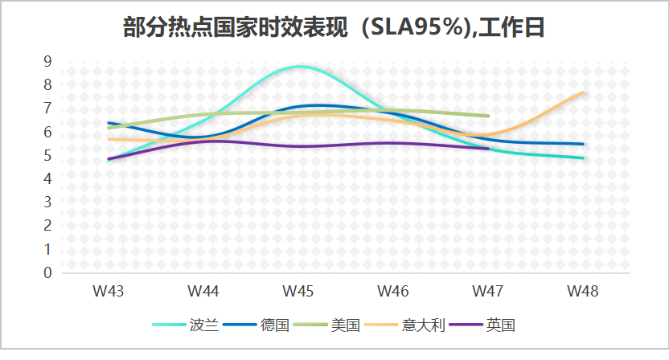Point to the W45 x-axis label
point(298,290)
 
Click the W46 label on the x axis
point(392,290)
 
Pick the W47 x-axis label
point(487,290)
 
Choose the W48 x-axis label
point(582,290)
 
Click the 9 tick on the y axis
point(47,61)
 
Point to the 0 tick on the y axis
point(47,273)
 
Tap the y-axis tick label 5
point(47,155)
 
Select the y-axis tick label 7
point(47,108)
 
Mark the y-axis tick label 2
point(47,226)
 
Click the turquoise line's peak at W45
point(299,66)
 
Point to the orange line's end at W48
point(582,92)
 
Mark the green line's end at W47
point(487,116)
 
